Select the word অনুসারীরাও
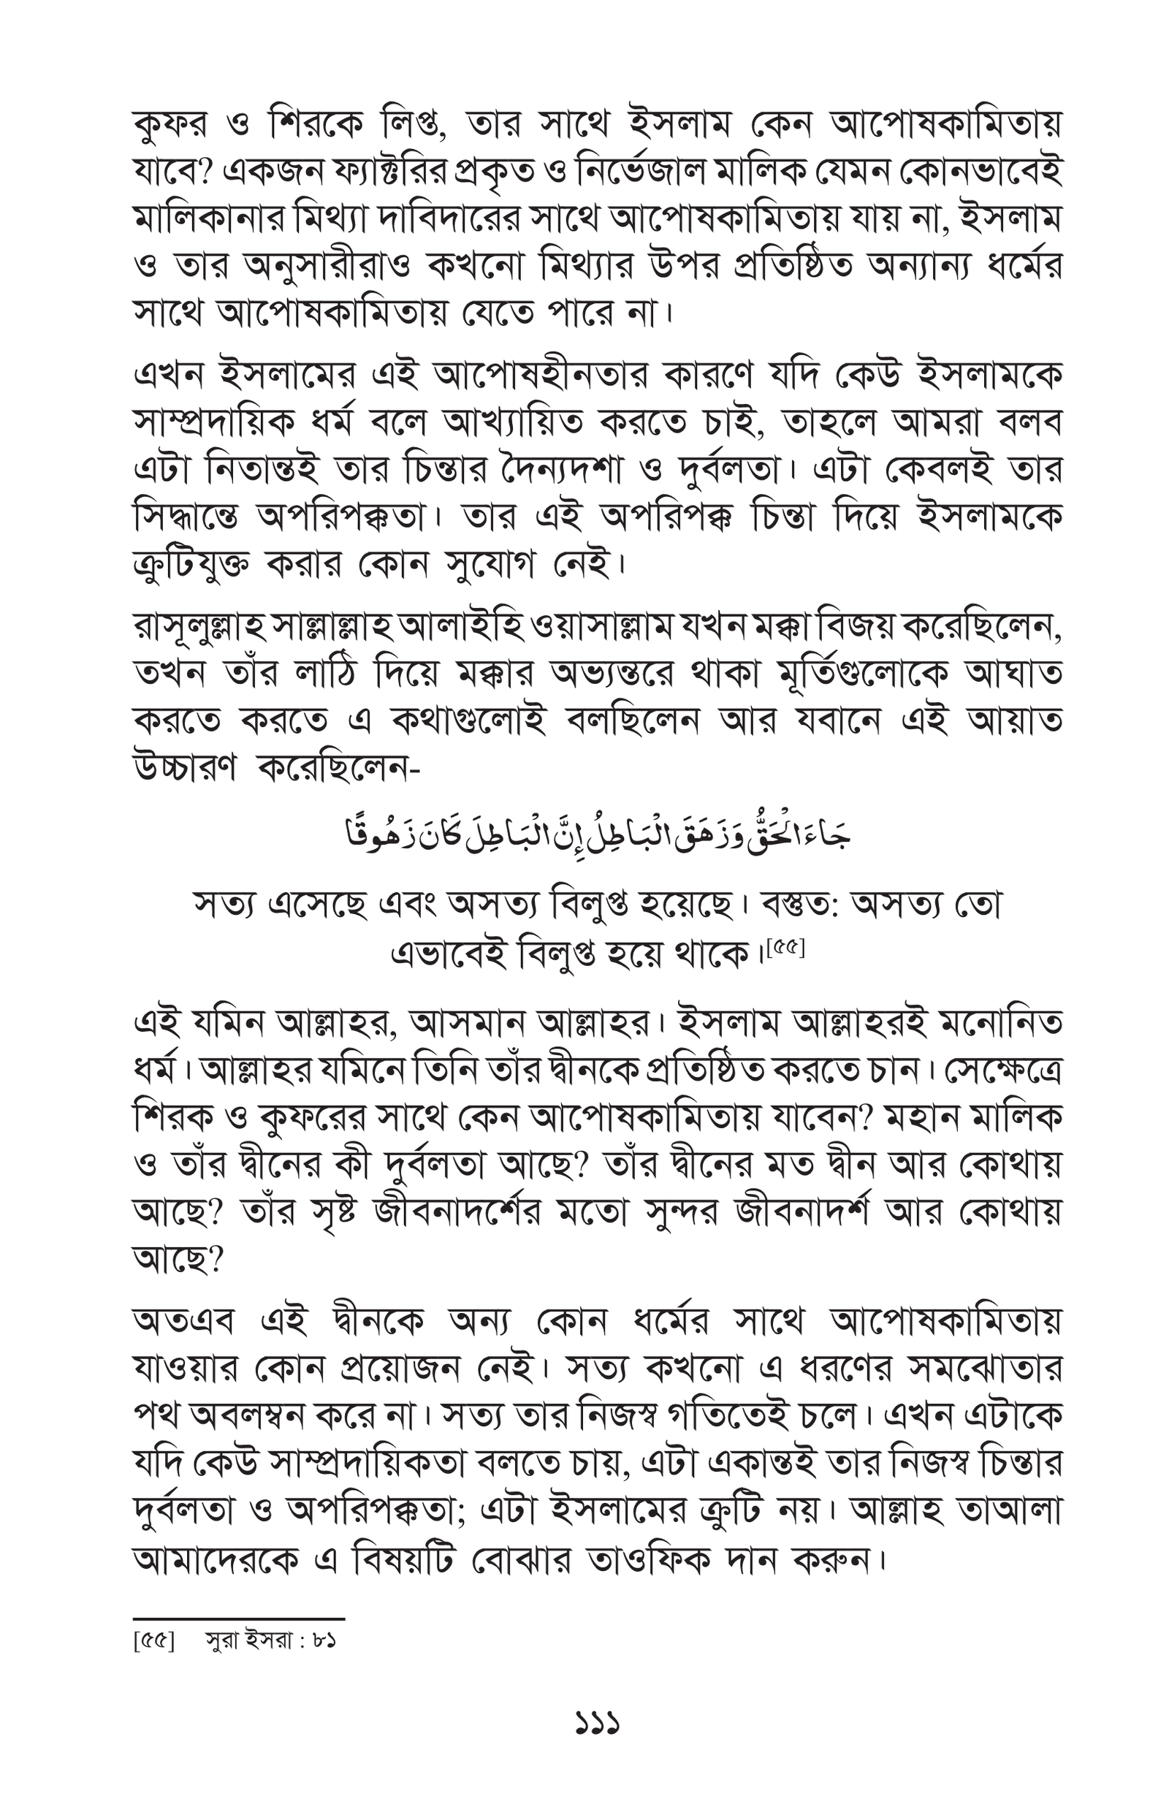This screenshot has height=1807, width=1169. point(327,267)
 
